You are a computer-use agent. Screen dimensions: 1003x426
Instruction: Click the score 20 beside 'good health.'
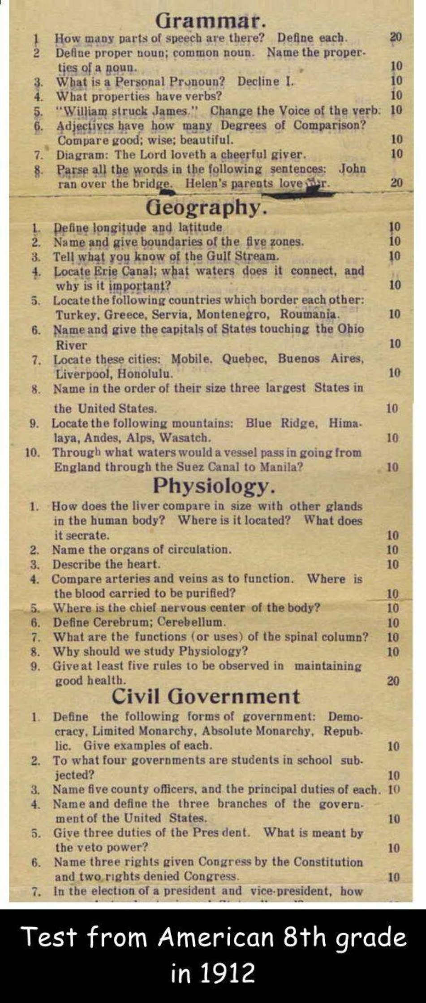(393, 681)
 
